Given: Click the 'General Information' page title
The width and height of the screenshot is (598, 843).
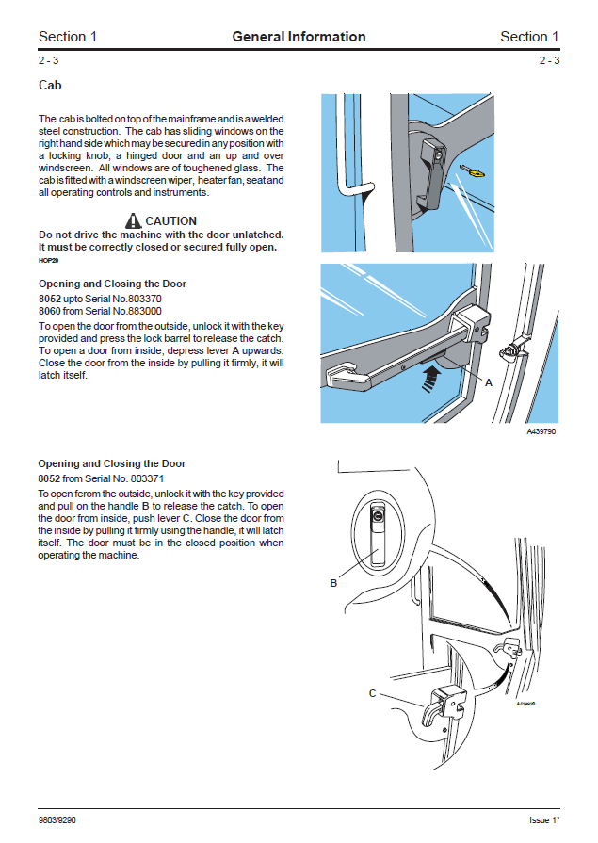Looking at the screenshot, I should click(299, 37).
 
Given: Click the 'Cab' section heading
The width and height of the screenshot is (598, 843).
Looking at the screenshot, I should click(50, 85).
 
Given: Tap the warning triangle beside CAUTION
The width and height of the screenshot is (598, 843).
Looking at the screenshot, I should click(132, 221).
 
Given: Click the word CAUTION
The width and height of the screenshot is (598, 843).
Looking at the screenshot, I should click(170, 221).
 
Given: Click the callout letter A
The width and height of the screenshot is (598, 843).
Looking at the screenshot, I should click(488, 382).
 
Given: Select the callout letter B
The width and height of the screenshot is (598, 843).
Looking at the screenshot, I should click(333, 583).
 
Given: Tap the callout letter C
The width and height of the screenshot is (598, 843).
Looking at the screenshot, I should click(372, 693).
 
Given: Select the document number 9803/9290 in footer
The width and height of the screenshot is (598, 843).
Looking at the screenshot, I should click(57, 819).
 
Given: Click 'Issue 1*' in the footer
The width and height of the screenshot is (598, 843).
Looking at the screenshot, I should click(543, 819).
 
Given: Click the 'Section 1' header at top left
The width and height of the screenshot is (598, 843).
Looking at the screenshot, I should click(68, 37).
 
